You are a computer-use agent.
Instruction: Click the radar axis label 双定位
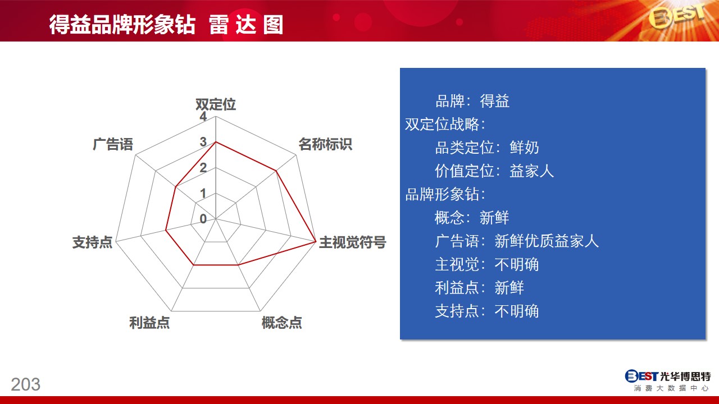(216, 104)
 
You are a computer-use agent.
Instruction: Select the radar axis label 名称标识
(325, 144)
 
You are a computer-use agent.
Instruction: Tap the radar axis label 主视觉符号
(352, 242)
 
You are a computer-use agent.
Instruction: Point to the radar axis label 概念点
(282, 322)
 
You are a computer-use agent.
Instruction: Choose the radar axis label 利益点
(149, 322)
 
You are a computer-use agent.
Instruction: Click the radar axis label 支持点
(93, 242)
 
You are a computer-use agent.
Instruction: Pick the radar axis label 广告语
(113, 144)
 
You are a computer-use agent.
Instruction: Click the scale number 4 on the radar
(203, 116)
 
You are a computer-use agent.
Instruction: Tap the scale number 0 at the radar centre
(203, 219)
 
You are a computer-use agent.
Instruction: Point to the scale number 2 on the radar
(203, 167)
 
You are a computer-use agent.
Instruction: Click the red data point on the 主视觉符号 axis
(316, 241)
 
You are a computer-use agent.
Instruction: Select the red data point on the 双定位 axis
(216, 142)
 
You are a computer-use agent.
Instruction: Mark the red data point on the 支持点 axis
(166, 230)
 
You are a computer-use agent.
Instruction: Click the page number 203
(26, 384)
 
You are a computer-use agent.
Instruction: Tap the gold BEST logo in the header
(677, 16)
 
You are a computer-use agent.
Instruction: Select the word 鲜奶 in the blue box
(524, 148)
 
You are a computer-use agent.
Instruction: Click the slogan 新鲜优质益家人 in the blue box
(547, 241)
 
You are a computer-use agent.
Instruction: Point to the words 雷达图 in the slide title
(246, 25)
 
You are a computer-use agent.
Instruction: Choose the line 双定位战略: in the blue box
(445, 124)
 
